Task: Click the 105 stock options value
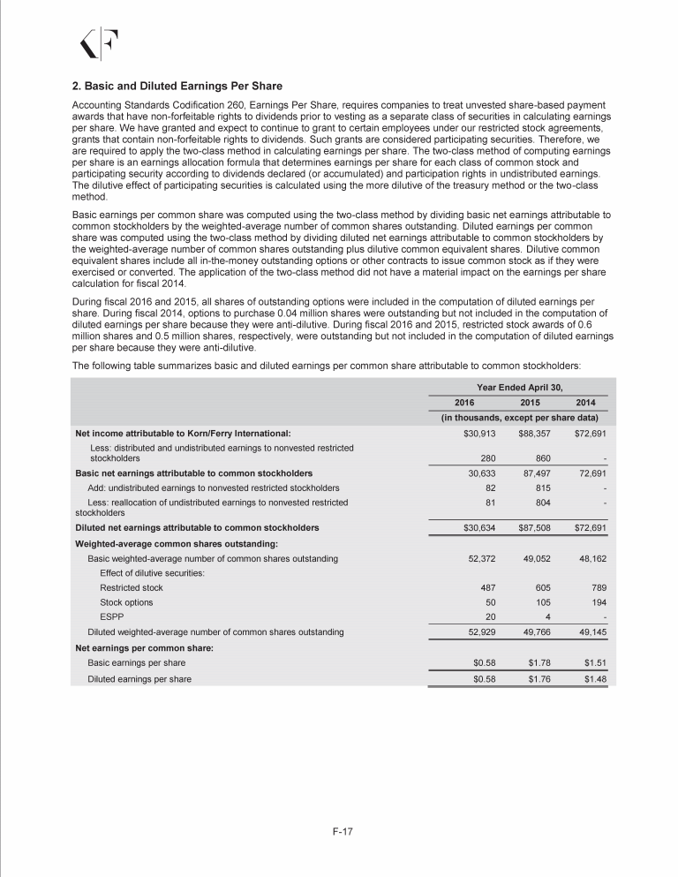541,602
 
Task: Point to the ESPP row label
111,617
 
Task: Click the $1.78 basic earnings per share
537,662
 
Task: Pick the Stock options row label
126,602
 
